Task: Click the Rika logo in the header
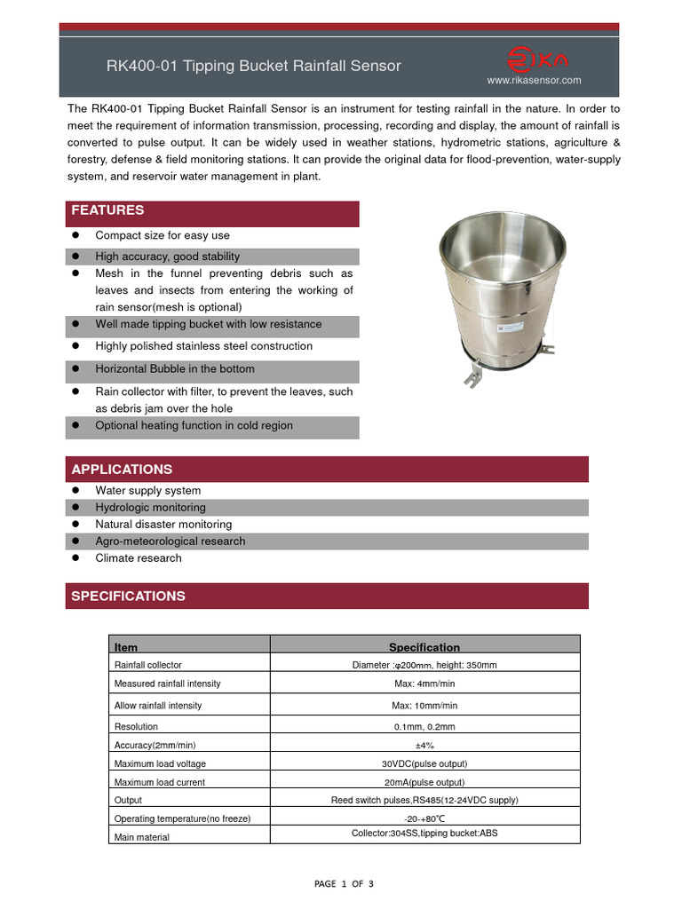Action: click(x=538, y=59)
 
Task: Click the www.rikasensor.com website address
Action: click(x=534, y=80)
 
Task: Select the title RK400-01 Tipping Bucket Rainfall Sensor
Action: click(x=254, y=66)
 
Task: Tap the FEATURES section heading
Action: click(x=107, y=211)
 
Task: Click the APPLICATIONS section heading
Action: click(x=122, y=469)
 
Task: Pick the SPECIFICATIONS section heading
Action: click(x=128, y=596)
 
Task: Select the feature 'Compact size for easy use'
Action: click(x=163, y=235)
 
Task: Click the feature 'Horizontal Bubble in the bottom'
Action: click(x=175, y=369)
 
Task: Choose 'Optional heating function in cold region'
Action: click(x=194, y=426)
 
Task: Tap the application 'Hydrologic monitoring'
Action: click(x=150, y=508)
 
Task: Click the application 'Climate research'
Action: click(x=139, y=558)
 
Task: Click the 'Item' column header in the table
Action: click(x=126, y=647)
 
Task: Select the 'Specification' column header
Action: click(x=424, y=647)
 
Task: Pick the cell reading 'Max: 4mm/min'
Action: click(x=424, y=684)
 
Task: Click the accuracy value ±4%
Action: click(x=424, y=745)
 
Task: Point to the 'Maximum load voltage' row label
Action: click(x=160, y=763)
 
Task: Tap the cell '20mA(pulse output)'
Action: click(x=424, y=782)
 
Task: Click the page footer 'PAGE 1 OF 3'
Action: click(x=345, y=884)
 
